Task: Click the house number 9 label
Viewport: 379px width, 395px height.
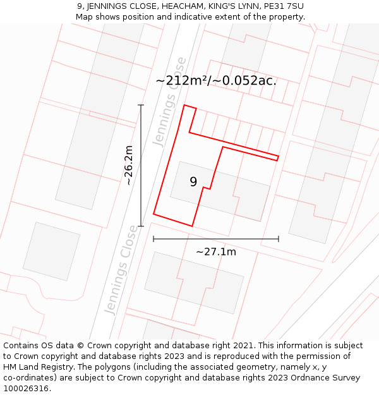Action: pyautogui.click(x=193, y=182)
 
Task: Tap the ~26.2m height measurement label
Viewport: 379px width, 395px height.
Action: pyautogui.click(x=129, y=166)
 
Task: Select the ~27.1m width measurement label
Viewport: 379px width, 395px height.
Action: pyautogui.click(x=216, y=252)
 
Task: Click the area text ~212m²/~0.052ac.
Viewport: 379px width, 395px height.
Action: pyautogui.click(x=216, y=81)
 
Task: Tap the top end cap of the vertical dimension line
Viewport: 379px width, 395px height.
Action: pyautogui.click(x=141, y=105)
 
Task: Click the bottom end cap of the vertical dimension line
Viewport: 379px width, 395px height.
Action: pyautogui.click(x=141, y=226)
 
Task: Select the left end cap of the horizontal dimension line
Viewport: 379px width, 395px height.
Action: pyautogui.click(x=153, y=239)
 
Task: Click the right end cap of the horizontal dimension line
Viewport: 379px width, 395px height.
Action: pyautogui.click(x=279, y=239)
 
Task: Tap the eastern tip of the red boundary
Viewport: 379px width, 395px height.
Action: pyautogui.click(x=279, y=157)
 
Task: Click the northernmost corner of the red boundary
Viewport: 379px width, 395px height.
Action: pyautogui.click(x=184, y=105)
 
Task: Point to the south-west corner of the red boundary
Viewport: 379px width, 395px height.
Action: pyautogui.click(x=153, y=214)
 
